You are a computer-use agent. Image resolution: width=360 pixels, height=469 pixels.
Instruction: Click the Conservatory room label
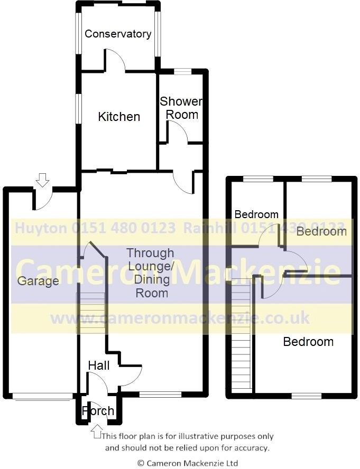tap(118, 34)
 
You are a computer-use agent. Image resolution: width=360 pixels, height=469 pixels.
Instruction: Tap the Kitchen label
tap(119, 117)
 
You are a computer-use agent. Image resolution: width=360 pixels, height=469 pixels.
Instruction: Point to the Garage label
tap(38, 281)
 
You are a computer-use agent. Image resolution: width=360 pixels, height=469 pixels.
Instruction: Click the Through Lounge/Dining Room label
tap(150, 273)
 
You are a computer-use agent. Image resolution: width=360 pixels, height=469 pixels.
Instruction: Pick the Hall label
tap(99, 365)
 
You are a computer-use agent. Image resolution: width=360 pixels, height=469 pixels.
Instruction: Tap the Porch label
tap(98, 411)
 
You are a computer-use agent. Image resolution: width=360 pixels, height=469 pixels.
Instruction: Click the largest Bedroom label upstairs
tap(308, 342)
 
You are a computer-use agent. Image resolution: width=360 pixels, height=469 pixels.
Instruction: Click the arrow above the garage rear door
tap(42, 181)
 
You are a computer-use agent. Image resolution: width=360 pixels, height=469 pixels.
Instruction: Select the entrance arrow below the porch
tap(96, 432)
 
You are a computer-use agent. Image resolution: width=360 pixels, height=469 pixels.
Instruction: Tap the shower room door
tap(178, 132)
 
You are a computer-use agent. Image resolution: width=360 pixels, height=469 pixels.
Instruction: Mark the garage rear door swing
tap(42, 199)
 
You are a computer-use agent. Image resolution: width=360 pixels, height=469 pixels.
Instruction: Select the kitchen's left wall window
tap(78, 108)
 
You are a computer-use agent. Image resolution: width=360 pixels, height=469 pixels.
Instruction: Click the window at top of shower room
tap(182, 71)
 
